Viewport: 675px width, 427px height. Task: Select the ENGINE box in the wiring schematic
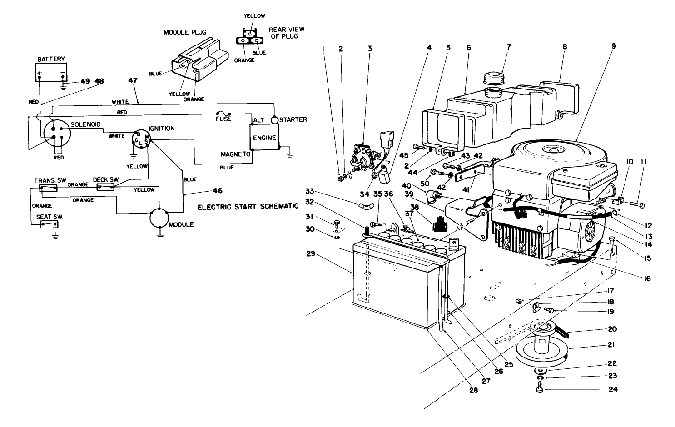tap(264, 138)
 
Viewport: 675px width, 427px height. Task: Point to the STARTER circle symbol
tap(274, 120)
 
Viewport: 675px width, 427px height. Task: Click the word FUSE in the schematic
tap(223, 119)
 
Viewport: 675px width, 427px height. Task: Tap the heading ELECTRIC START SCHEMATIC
tap(248, 206)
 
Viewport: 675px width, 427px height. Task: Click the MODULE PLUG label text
tap(185, 32)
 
